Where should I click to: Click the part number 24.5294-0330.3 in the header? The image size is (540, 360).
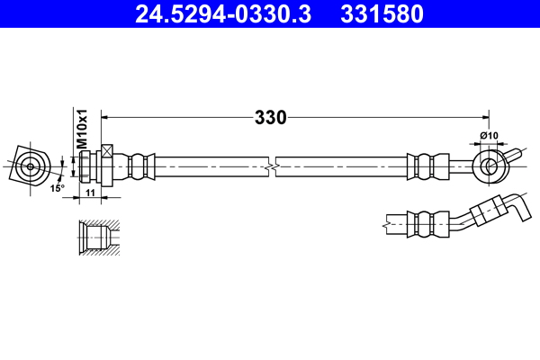pyautogui.click(x=220, y=14)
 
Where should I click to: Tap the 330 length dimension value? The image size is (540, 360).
pyautogui.click(x=270, y=117)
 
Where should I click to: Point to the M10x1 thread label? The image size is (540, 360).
pyautogui.click(x=80, y=129)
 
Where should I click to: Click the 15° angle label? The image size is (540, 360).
pyautogui.click(x=57, y=188)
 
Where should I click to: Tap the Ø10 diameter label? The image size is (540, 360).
pyautogui.click(x=490, y=136)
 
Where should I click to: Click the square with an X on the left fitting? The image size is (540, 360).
pyautogui.click(x=108, y=152)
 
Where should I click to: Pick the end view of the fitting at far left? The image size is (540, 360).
pyautogui.click(x=32, y=166)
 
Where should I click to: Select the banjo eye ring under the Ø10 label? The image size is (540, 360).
pyautogui.click(x=490, y=166)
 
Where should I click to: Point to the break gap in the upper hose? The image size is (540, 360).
pyautogui.click(x=272, y=166)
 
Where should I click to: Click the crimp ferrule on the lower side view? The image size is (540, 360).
pyautogui.click(x=427, y=220)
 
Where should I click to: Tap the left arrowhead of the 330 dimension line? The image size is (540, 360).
pyautogui.click(x=104, y=117)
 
